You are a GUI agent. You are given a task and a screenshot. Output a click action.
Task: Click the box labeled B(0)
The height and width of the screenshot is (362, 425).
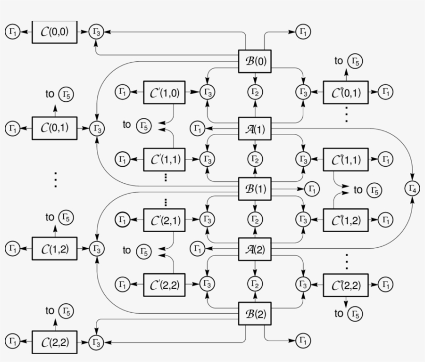(254, 60)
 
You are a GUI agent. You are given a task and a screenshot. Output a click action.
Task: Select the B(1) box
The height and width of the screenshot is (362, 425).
(254, 189)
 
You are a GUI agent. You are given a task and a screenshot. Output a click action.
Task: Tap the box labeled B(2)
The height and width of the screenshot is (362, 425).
(254, 315)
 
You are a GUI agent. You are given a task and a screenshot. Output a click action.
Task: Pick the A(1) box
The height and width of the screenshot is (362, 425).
(254, 128)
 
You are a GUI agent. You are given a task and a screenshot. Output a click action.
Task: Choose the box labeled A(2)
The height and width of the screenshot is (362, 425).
(254, 249)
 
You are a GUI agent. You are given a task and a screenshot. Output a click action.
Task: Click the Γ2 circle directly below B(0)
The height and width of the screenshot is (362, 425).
(254, 92)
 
